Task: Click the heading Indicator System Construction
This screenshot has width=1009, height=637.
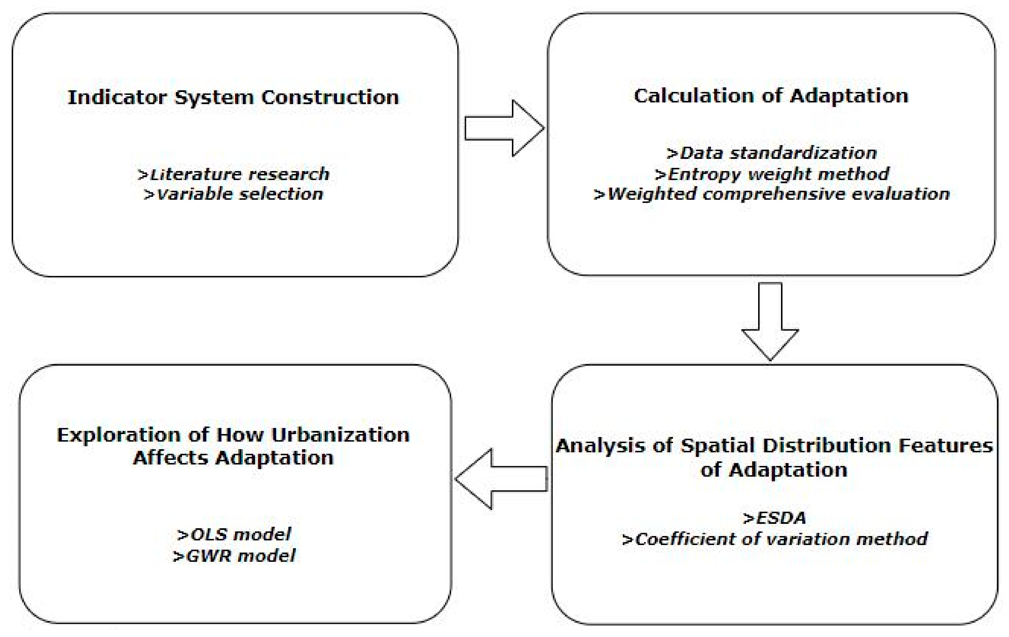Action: [233, 97]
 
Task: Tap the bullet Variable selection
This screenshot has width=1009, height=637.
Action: [233, 194]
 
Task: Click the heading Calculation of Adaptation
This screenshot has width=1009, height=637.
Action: [771, 96]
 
